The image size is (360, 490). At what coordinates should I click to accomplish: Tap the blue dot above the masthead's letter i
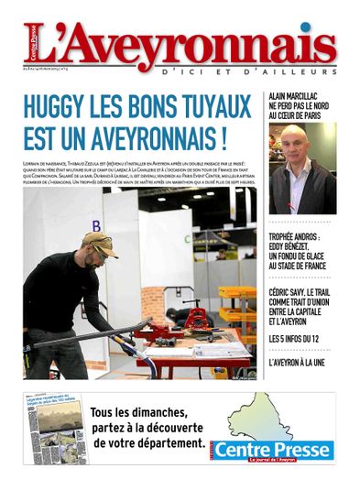point(303,27)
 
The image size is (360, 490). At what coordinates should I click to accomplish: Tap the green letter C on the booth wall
point(188,240)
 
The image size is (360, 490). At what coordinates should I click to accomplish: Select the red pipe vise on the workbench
point(196,321)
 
